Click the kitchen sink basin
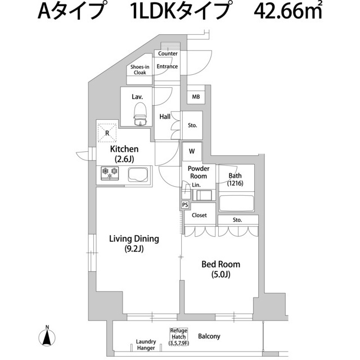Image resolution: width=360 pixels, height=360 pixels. pyautogui.click(x=137, y=174)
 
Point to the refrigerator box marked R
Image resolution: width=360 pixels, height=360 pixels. pyautogui.click(x=107, y=133)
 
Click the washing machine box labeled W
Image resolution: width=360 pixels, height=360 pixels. pyautogui.click(x=192, y=151)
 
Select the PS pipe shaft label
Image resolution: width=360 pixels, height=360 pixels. pyautogui.click(x=185, y=205)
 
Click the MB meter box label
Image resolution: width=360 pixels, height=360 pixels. pyautogui.click(x=196, y=97)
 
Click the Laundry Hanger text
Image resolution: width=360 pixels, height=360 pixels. pyautogui.click(x=146, y=344)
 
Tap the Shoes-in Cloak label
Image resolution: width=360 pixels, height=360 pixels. pyautogui.click(x=140, y=70)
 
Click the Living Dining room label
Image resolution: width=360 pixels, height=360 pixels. pyautogui.click(x=134, y=243)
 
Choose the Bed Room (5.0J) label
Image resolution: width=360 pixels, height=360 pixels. pyautogui.click(x=221, y=268)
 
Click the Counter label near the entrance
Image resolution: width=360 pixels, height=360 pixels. pyautogui.click(x=168, y=54)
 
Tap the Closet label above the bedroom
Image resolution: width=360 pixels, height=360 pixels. pyautogui.click(x=199, y=215)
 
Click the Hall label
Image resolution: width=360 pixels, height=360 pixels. pyautogui.click(x=165, y=117)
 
